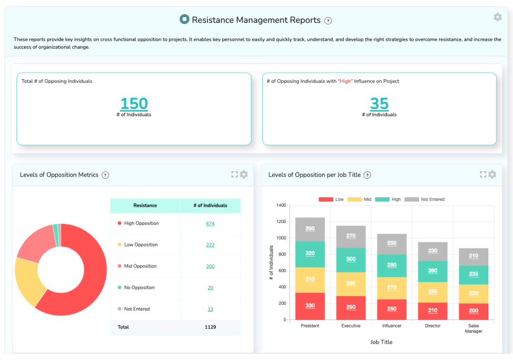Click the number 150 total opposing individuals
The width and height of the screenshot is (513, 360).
click(x=134, y=104)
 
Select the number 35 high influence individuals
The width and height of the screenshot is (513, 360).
click(x=379, y=104)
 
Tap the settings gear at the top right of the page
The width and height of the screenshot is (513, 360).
click(x=497, y=18)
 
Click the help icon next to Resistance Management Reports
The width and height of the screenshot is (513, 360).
click(x=328, y=20)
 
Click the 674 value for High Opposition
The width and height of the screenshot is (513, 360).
click(x=210, y=223)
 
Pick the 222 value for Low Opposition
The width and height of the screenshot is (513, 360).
click(x=210, y=245)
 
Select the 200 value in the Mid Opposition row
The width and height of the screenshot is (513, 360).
click(x=210, y=266)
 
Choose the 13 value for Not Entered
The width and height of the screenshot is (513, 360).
click(x=210, y=309)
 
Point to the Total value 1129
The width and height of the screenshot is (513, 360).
click(x=210, y=327)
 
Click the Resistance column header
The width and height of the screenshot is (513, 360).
click(x=145, y=205)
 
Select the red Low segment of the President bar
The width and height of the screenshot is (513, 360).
click(x=310, y=306)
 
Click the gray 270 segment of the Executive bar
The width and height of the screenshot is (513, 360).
click(x=351, y=236)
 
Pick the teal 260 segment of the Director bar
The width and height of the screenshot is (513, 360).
click(x=433, y=271)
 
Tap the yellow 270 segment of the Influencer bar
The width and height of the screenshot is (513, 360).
click(x=392, y=288)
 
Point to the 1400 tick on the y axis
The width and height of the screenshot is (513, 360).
click(x=281, y=205)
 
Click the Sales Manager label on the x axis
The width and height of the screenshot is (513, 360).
click(x=474, y=328)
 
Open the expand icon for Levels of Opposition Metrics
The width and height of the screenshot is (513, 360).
click(x=234, y=174)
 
